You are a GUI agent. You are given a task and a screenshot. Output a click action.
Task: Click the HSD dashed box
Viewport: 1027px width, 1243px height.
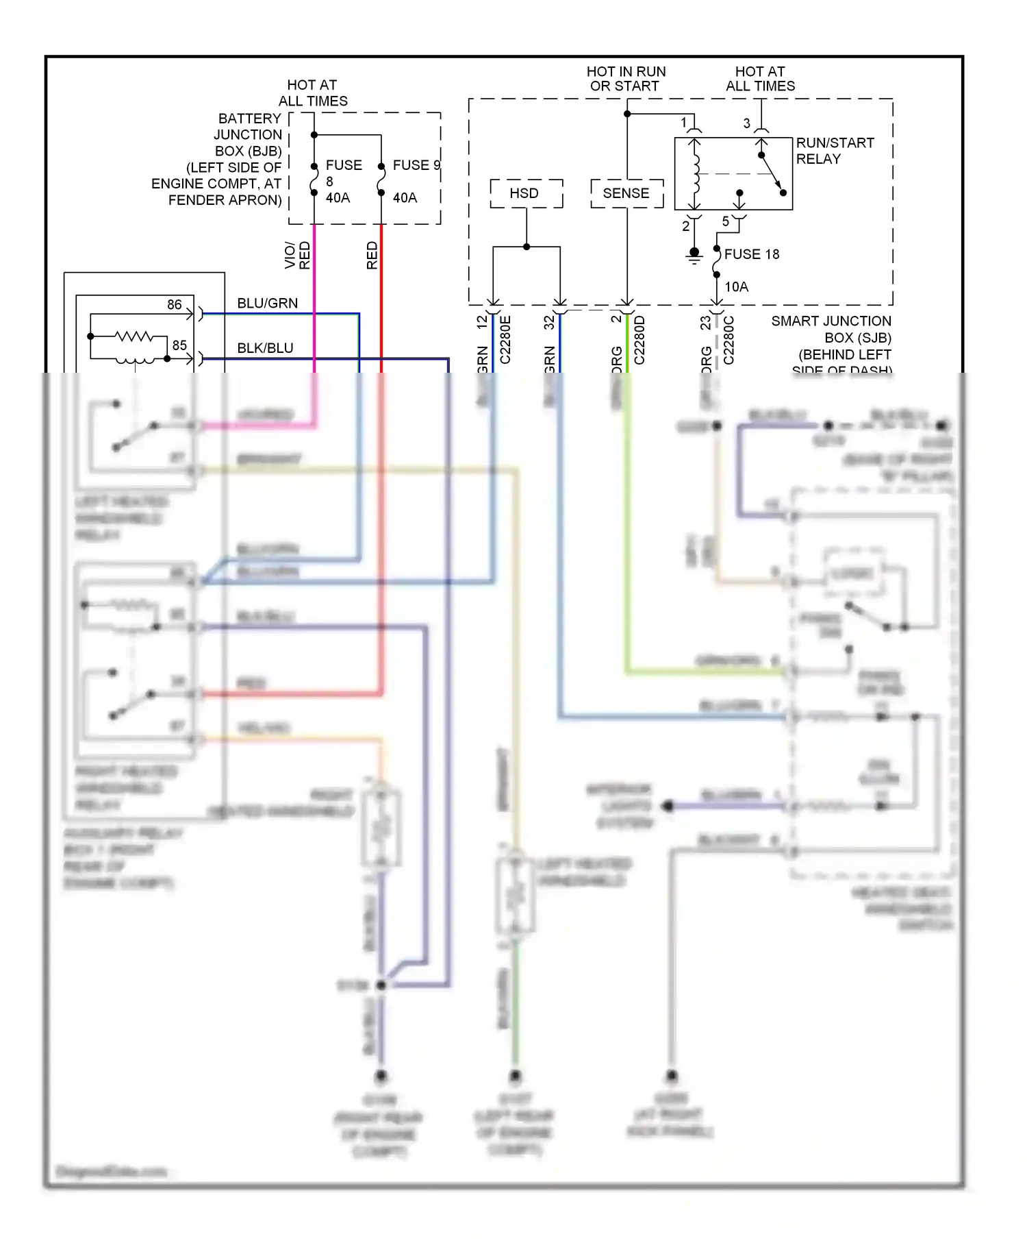pyautogui.click(x=526, y=194)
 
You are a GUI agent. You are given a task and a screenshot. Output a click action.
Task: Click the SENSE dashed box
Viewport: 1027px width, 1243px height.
pyautogui.click(x=626, y=194)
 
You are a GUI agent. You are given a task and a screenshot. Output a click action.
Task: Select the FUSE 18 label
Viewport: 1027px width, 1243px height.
pyautogui.click(x=751, y=254)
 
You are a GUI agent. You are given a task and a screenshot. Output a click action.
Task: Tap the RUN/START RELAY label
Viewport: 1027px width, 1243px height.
pyautogui.click(x=834, y=151)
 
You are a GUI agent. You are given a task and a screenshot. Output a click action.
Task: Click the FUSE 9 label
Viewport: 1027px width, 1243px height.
pyautogui.click(x=416, y=165)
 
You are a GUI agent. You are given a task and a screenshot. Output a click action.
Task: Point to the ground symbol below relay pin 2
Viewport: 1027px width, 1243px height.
pyautogui.click(x=694, y=256)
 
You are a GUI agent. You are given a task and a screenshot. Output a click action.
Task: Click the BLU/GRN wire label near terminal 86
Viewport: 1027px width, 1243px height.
pyautogui.click(x=267, y=304)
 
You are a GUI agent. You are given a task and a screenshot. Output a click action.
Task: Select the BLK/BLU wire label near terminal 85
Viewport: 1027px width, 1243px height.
pyautogui.click(x=265, y=348)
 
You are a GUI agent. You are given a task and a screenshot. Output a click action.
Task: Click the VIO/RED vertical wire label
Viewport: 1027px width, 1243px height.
pyautogui.click(x=297, y=255)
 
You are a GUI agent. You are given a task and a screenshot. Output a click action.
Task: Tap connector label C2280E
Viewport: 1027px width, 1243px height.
pyautogui.click(x=505, y=340)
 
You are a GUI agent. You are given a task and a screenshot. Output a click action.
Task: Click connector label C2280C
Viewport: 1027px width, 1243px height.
pyautogui.click(x=728, y=340)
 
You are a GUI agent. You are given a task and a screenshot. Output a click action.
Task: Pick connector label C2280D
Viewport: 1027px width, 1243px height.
pyautogui.click(x=639, y=340)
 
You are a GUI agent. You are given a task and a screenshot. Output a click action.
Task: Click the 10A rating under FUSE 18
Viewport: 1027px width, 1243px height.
pyautogui.click(x=736, y=287)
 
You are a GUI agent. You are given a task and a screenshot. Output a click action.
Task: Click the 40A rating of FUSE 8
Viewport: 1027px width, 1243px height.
pyautogui.click(x=338, y=198)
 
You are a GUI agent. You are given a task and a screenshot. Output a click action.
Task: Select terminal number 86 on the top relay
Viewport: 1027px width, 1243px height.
pyautogui.click(x=175, y=305)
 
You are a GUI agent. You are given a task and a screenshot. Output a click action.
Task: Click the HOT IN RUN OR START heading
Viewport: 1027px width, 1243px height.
pyautogui.click(x=625, y=79)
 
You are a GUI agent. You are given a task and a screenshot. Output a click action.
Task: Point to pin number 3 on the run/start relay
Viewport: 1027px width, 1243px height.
pyautogui.click(x=746, y=124)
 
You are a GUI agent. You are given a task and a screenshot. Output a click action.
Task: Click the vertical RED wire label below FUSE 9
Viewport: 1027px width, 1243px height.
pyautogui.click(x=372, y=255)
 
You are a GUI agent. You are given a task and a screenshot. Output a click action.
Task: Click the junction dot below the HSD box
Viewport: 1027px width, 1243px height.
pyautogui.click(x=527, y=247)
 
